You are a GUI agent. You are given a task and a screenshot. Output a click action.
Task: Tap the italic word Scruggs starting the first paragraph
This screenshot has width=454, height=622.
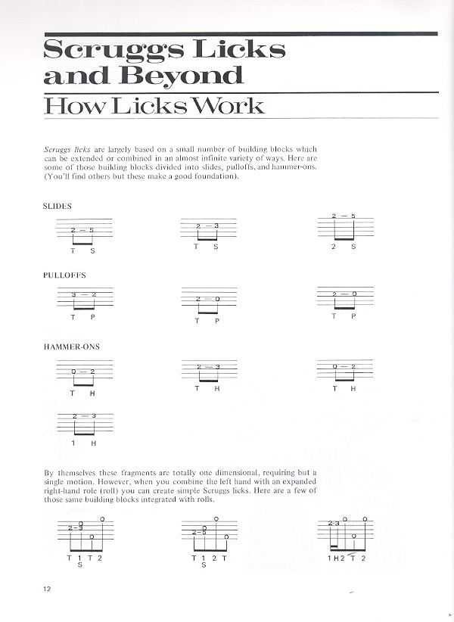click(58, 150)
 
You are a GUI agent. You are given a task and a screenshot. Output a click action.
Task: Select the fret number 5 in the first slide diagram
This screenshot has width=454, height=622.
click(91, 230)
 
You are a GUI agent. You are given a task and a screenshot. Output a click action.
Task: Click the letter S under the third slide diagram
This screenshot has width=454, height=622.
click(353, 246)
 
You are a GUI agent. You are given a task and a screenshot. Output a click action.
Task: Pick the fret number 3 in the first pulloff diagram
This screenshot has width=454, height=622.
click(73, 294)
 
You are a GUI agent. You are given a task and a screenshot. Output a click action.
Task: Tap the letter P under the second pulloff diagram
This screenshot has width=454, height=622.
click(216, 320)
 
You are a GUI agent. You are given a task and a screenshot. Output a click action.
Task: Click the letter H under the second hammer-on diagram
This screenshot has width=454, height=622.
click(216, 388)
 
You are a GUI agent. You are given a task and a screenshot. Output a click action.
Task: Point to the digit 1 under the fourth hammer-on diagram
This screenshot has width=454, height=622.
click(73, 442)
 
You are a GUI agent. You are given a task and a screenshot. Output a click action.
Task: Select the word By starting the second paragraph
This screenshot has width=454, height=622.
click(50, 473)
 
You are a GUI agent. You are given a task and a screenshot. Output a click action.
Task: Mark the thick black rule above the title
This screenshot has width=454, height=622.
click(241, 33)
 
